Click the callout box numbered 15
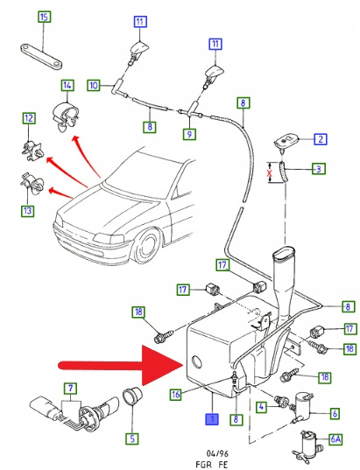tap(44, 17)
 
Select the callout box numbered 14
tap(67, 86)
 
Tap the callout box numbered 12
tap(29, 118)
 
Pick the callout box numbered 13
tap(28, 211)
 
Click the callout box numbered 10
tap(94, 86)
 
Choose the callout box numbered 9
tap(189, 134)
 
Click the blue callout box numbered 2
tap(321, 139)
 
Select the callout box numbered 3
tap(319, 169)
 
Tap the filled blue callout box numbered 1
tap(212, 419)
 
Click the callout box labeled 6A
tap(335, 439)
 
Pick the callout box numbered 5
tap(132, 438)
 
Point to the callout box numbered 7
tap(70, 389)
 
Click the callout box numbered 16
tap(176, 395)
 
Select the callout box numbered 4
tap(262, 407)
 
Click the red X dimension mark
tap(270, 173)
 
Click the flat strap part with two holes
tap(41, 57)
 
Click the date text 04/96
tap(215, 453)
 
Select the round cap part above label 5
tap(131, 396)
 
